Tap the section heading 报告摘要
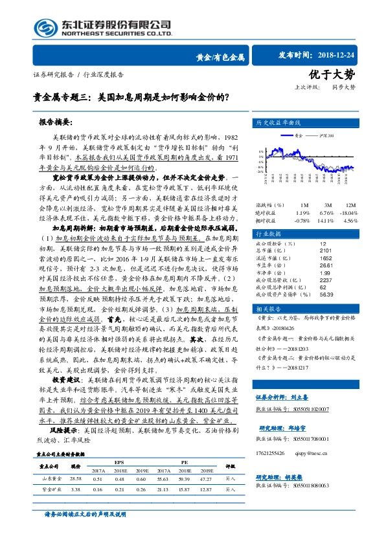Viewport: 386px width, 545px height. tap(55, 122)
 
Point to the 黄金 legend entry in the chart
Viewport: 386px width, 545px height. tap(297, 137)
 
